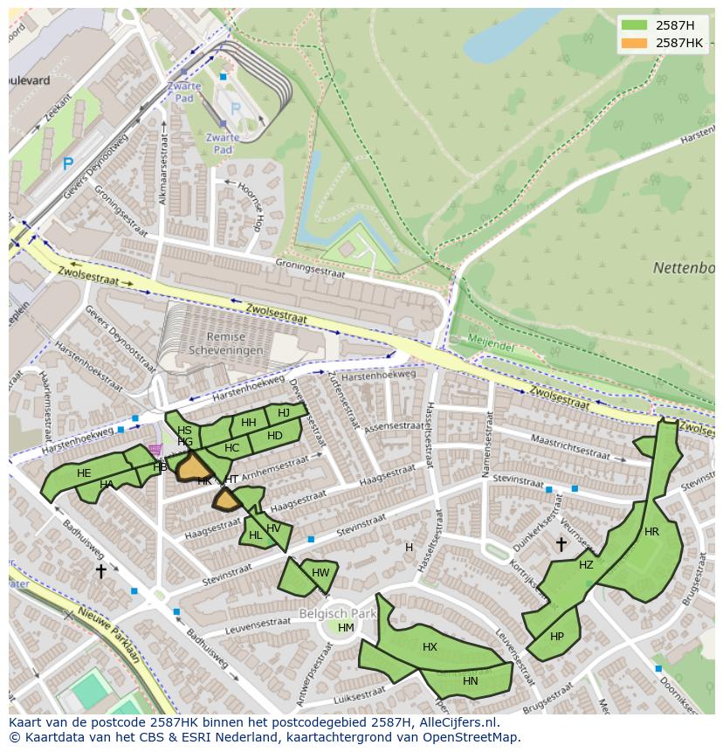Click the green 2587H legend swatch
[x=635, y=24]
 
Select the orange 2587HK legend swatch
[x=635, y=43]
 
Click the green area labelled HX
[x=430, y=647]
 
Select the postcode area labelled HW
[x=320, y=573]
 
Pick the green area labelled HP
[x=557, y=636]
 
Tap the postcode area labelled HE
[x=84, y=473]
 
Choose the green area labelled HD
[x=275, y=436]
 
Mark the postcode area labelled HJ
[x=283, y=413]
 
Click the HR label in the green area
[x=651, y=532]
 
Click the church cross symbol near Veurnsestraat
[x=561, y=544]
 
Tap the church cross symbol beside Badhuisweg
[x=100, y=570]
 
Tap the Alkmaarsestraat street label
[x=162, y=176]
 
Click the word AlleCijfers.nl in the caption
[x=455, y=722]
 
